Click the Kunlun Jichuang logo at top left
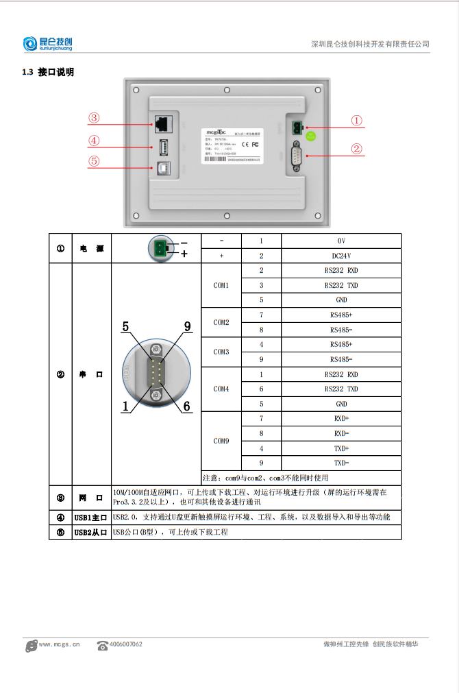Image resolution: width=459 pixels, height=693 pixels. coord(52,44)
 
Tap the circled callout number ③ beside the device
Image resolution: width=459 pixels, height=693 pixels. coord(94,118)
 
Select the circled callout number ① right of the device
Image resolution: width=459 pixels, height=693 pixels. coord(356,121)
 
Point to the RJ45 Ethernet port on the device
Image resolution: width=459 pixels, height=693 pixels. coord(162,124)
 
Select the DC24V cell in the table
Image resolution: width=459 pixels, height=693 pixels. coord(341,256)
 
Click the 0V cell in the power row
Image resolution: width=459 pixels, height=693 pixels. coord(341,241)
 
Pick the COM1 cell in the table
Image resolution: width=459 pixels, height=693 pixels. coord(221,285)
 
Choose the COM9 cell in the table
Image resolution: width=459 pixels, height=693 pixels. coord(221,441)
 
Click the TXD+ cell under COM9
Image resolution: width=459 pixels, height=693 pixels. coord(341,448)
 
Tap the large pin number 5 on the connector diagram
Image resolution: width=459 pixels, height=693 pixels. coord(125,327)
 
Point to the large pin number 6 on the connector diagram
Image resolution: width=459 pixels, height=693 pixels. coord(186,406)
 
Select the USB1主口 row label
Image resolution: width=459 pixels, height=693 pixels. coord(91,518)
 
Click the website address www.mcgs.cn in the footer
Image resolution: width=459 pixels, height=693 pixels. coord(60,644)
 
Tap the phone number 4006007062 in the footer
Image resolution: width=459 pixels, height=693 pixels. coord(125,644)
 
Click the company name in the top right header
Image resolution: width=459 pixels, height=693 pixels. coord(370,44)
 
